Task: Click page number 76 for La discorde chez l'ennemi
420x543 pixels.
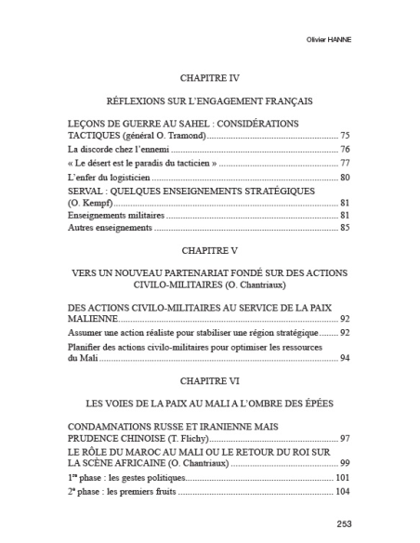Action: [345, 149]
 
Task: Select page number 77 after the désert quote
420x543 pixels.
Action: [345, 163]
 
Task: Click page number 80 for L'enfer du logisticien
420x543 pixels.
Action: [345, 177]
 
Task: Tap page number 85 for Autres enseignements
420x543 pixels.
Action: [345, 228]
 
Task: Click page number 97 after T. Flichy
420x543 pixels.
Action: [345, 437]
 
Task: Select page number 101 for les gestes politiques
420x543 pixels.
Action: [343, 477]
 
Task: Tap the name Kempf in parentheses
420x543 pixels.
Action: [93, 202]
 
